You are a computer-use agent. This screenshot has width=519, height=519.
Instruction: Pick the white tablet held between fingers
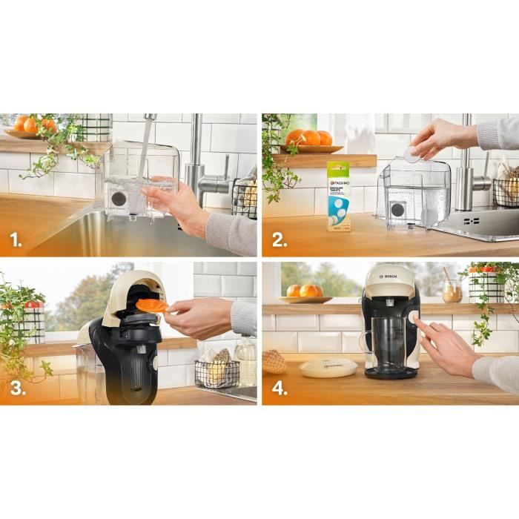pos(410,153)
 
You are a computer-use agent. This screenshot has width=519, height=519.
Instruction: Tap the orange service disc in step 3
pos(153,305)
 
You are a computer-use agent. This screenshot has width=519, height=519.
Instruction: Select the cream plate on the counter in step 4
pos(328,367)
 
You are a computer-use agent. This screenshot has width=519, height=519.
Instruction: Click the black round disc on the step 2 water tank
pos(397,209)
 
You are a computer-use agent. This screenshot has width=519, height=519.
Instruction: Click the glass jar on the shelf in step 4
pos(452,291)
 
